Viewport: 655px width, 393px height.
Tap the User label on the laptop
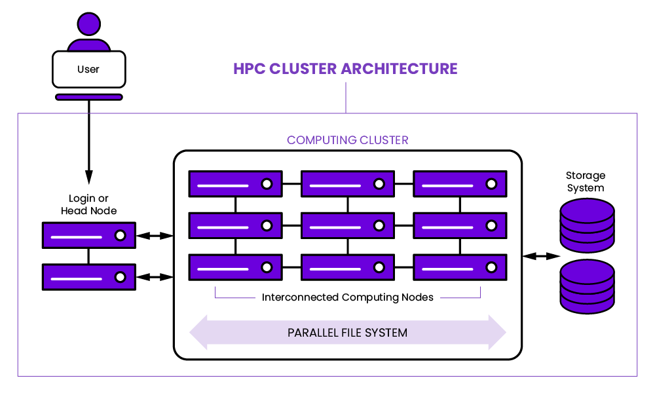(x=88, y=69)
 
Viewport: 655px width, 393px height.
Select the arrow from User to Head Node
(x=88, y=141)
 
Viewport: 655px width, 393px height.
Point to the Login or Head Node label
(x=88, y=204)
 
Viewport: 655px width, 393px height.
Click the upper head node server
(x=88, y=235)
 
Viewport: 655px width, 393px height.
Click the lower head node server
(x=88, y=276)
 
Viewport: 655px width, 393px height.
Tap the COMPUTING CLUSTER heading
(x=347, y=140)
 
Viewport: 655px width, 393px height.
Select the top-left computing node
(x=235, y=184)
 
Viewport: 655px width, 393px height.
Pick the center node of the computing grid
(x=347, y=225)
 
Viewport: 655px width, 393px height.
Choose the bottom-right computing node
(x=460, y=267)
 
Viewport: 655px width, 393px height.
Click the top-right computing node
(x=460, y=184)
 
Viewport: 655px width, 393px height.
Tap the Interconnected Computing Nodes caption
(x=347, y=297)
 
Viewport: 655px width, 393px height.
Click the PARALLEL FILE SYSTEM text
(x=347, y=333)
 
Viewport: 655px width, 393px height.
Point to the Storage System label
(x=586, y=181)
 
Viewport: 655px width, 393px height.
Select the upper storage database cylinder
(x=588, y=225)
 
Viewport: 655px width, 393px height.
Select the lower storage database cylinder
(x=588, y=286)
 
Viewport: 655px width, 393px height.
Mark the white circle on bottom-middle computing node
(x=379, y=267)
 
